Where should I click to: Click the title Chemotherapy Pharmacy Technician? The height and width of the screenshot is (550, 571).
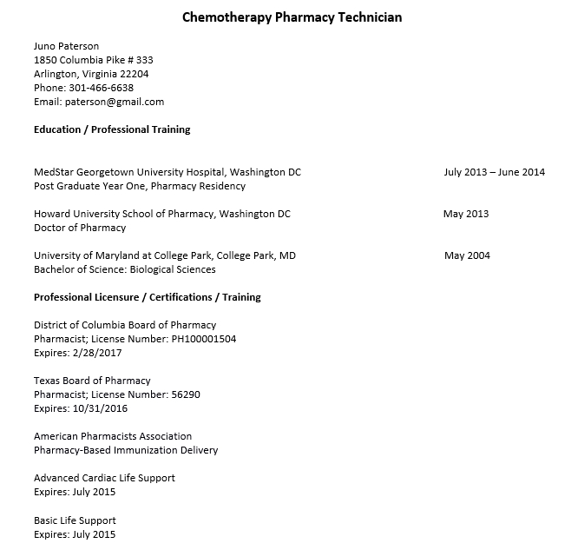click(292, 17)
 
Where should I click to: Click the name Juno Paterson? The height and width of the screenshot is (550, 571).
click(67, 46)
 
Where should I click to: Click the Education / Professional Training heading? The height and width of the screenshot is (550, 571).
click(112, 129)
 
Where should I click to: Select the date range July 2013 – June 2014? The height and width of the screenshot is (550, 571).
click(494, 172)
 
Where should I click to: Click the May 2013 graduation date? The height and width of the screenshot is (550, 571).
click(466, 214)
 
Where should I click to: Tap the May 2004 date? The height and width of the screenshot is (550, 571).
click(467, 255)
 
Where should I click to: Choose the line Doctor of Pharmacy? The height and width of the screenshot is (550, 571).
click(80, 228)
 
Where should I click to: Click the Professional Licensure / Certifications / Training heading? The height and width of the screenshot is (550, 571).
click(148, 297)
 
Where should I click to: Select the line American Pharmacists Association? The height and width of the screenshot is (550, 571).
click(113, 436)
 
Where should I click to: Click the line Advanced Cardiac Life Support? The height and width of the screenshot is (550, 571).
click(104, 478)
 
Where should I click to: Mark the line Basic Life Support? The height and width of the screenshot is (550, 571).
click(75, 520)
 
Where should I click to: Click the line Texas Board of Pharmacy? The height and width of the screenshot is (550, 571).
click(92, 381)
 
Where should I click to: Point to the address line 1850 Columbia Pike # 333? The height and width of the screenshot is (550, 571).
click(94, 60)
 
